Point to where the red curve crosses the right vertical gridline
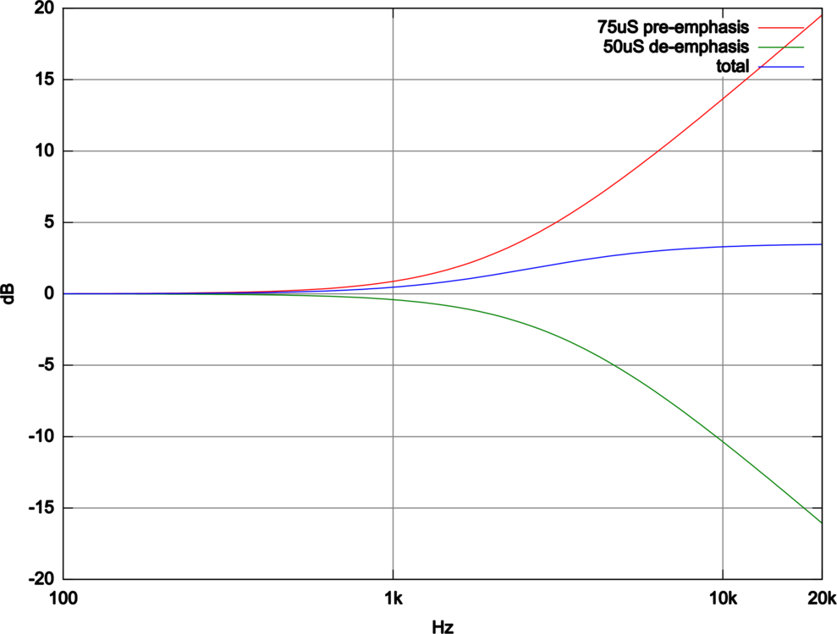(x=723, y=98)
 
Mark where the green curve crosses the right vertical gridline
(x=723, y=440)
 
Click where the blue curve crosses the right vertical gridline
(x=723, y=247)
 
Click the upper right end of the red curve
(x=819, y=15)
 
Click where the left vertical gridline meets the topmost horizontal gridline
(x=394, y=80)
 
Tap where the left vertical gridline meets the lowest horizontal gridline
(x=394, y=507)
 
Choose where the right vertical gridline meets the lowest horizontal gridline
(x=723, y=507)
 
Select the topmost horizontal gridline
(x=254, y=80)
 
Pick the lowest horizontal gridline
(x=254, y=507)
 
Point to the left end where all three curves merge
(x=65, y=293)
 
